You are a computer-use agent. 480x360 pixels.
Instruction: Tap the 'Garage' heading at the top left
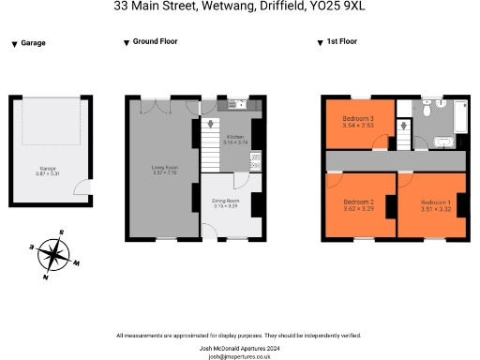click(32, 43)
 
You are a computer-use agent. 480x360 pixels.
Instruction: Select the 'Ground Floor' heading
click(156, 43)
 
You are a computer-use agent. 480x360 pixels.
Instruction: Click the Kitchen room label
click(233, 138)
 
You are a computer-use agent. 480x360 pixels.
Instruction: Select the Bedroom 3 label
click(358, 120)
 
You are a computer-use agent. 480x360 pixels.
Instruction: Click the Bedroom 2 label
click(358, 203)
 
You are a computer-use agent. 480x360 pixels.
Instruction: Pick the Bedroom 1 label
click(435, 203)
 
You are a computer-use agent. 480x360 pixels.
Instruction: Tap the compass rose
click(54, 253)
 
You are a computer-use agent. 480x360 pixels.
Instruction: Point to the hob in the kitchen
click(255, 160)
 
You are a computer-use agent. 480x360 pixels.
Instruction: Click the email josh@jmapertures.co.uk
click(240, 355)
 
